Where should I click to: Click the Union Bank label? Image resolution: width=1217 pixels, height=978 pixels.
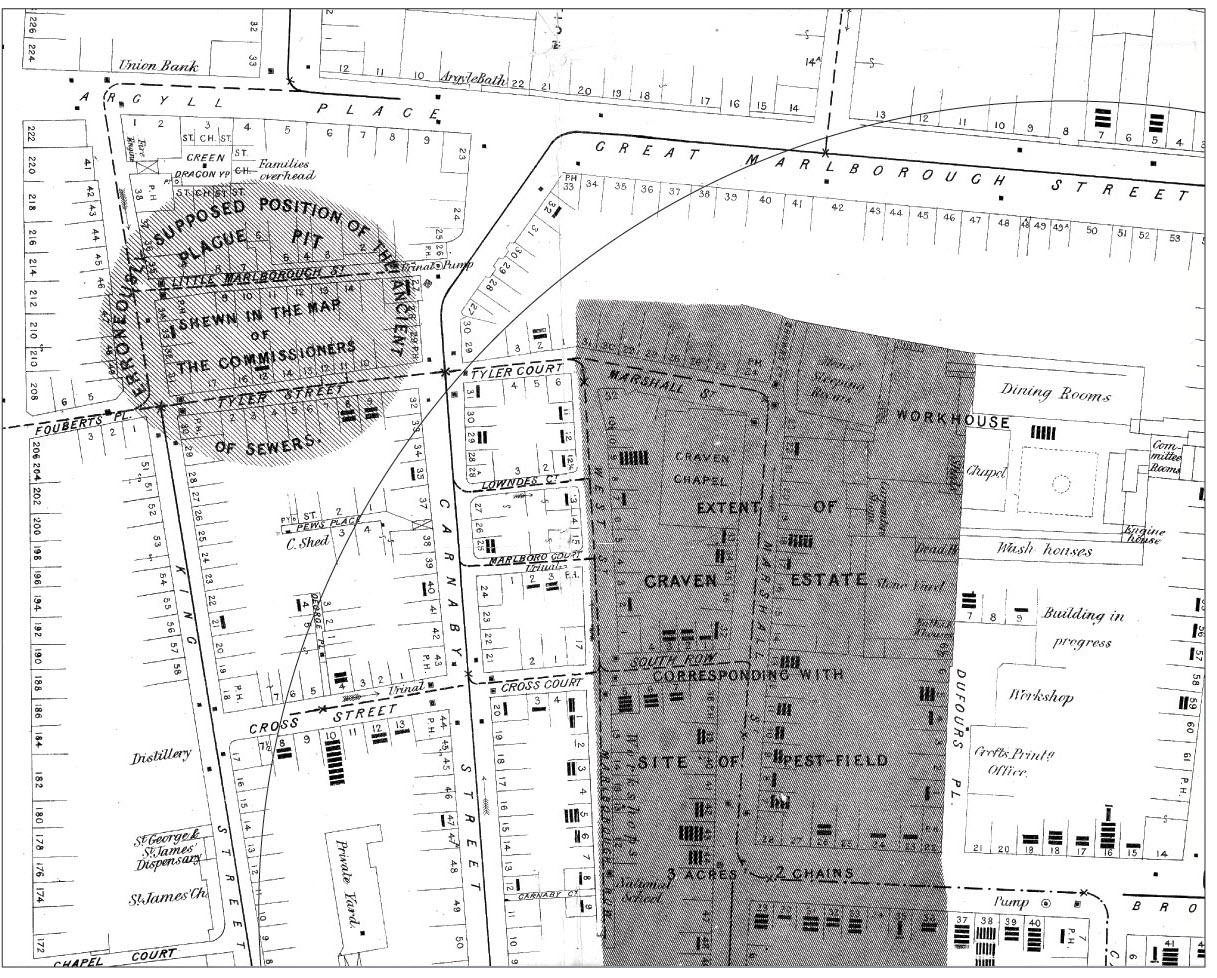[158, 66]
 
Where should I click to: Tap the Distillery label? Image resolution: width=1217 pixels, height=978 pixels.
[160, 756]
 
